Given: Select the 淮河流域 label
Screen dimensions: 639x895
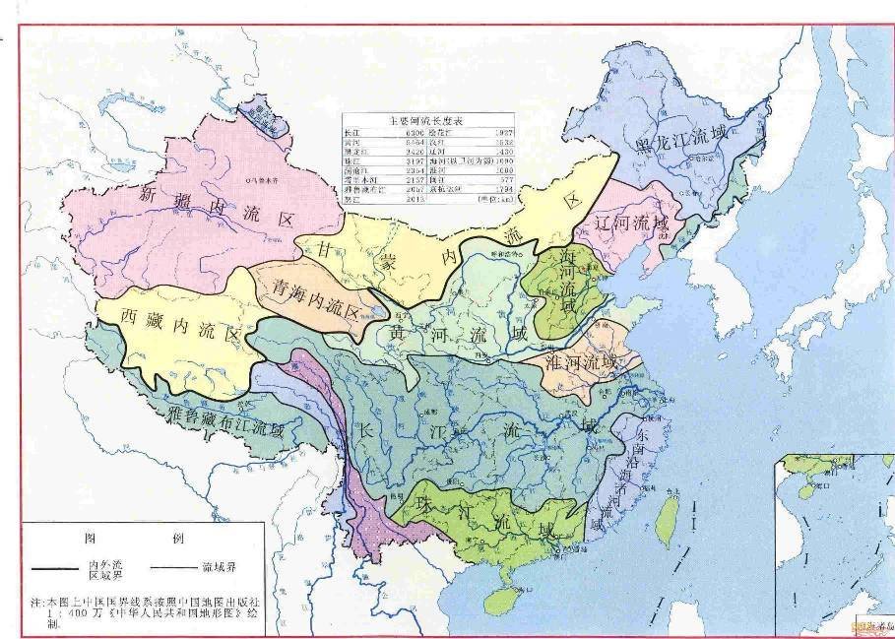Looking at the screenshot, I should pos(582,362).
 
